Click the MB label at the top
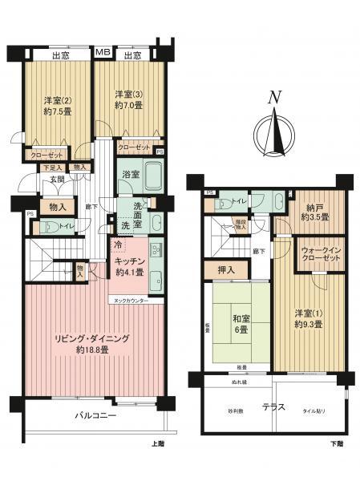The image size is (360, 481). pos(103,53)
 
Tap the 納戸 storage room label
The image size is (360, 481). pos(315,211)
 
